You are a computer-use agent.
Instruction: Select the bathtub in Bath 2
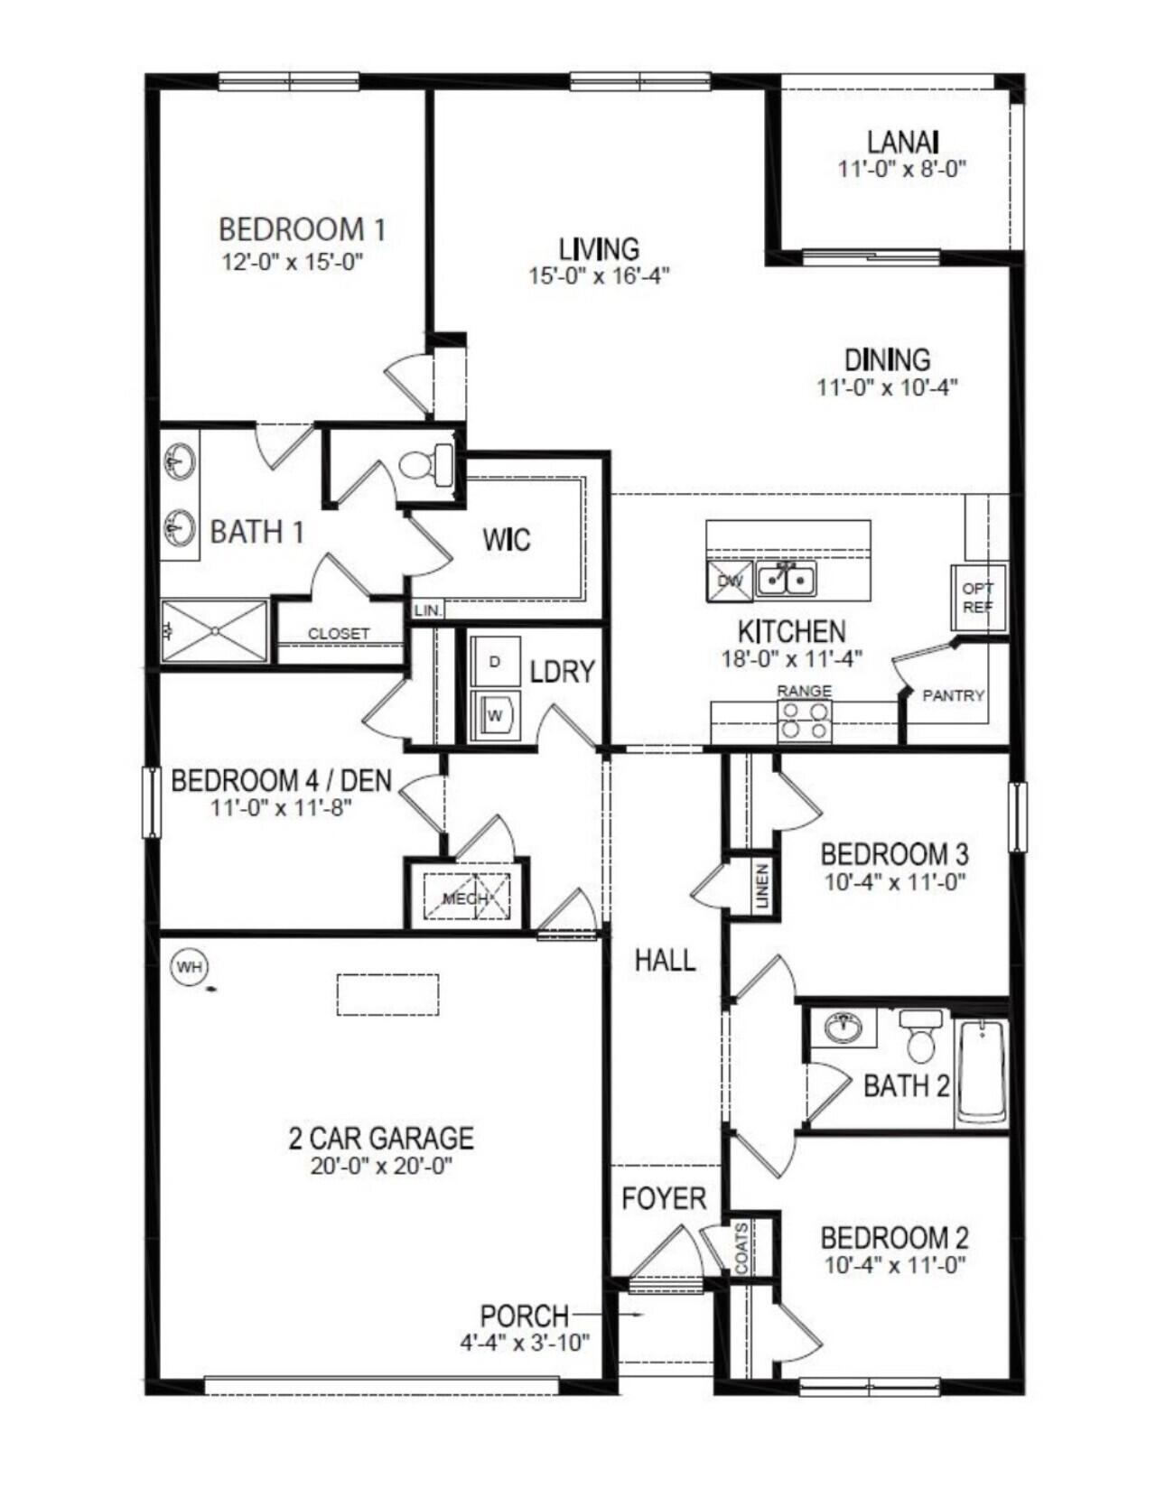pos(981,1071)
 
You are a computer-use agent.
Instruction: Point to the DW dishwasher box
pos(730,581)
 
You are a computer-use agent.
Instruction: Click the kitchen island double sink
pos(786,580)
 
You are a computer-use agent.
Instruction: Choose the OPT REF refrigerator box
pos(977,598)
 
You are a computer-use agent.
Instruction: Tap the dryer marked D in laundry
pos(495,662)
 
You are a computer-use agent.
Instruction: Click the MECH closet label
pos(465,898)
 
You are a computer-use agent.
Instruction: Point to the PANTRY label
pos(953,695)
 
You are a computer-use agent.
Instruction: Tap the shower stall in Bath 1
pos(215,629)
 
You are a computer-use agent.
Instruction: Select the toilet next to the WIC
pos(424,465)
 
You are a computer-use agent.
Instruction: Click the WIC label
pos(506,540)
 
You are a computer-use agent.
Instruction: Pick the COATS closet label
pos(741,1249)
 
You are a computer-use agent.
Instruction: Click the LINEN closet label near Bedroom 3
pos(761,886)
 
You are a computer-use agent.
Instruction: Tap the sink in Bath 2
pos(843,1028)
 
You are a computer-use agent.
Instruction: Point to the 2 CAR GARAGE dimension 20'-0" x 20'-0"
pos(381,1166)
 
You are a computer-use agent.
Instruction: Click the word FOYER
pos(664,1198)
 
